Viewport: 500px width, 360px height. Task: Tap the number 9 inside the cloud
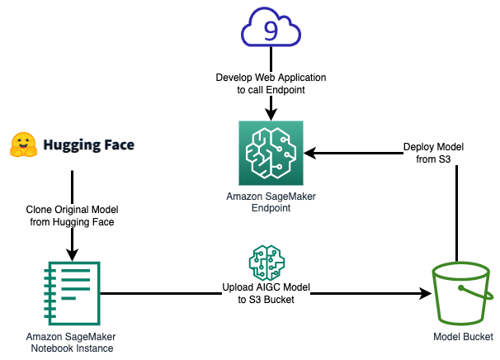pos(271,31)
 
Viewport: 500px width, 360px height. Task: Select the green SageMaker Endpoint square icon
pos(271,153)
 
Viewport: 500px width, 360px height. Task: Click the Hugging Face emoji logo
pos(23,144)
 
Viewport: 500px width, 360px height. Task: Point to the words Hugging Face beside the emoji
pos(89,144)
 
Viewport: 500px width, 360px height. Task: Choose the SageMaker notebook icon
pos(72,293)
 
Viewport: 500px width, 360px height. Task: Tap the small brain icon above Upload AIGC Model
pos(267,263)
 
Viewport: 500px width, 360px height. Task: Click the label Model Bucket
pos(463,337)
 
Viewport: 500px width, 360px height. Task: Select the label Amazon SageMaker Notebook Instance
pos(72,343)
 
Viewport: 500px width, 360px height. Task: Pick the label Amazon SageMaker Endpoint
pos(271,202)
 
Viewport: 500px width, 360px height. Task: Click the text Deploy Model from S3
pos(433,153)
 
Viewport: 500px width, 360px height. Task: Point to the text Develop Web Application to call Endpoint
pos(271,83)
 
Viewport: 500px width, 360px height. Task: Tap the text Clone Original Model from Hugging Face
pos(72,216)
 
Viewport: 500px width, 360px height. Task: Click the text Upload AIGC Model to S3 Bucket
pos(266,293)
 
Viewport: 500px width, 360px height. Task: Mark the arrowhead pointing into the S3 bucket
pos(426,293)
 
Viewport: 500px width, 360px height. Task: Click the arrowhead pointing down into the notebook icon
pos(72,255)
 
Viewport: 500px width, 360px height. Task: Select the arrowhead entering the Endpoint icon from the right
pos(310,153)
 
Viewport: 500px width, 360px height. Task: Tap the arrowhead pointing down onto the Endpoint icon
pos(271,115)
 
